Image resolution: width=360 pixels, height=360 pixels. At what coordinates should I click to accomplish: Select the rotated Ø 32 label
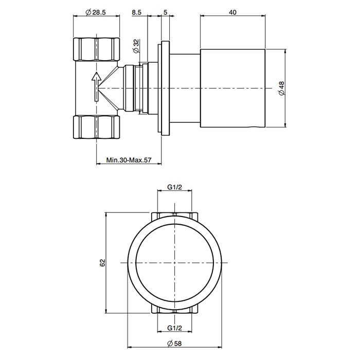[x=135, y=47]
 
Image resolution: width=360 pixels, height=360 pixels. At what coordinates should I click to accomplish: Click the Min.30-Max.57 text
[x=129, y=160]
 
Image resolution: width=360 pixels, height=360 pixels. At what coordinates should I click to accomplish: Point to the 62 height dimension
[x=102, y=262]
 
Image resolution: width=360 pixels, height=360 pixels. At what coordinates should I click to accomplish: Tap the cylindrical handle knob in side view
[x=232, y=88]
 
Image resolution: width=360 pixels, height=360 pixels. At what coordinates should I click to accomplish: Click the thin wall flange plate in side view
[x=165, y=88]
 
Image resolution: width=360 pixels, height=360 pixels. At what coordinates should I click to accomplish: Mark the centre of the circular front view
[x=175, y=263]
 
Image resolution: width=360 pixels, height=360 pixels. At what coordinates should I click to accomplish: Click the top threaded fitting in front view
[x=175, y=215]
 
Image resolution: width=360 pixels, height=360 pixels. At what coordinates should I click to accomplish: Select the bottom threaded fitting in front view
[x=175, y=310]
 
